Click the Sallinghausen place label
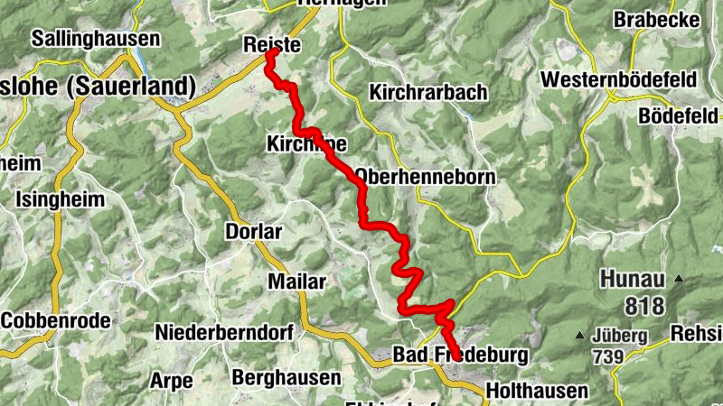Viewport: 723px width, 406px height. click(95, 39)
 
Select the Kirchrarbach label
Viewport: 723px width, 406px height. click(428, 92)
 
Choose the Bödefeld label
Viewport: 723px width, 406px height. click(677, 115)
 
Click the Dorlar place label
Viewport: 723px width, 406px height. click(253, 232)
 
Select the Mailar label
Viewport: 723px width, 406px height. click(296, 281)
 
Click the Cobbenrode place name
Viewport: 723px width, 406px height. click(56, 320)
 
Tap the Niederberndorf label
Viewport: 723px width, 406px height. click(224, 332)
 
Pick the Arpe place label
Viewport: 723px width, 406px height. click(172, 380)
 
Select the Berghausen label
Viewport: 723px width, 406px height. click(286, 376)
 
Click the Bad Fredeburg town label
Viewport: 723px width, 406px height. click(461, 355)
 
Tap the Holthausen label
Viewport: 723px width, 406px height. click(537, 392)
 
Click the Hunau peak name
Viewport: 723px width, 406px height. click(632, 280)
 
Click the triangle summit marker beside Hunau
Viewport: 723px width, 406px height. click(679, 280)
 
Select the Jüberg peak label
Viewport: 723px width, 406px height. click(620, 336)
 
